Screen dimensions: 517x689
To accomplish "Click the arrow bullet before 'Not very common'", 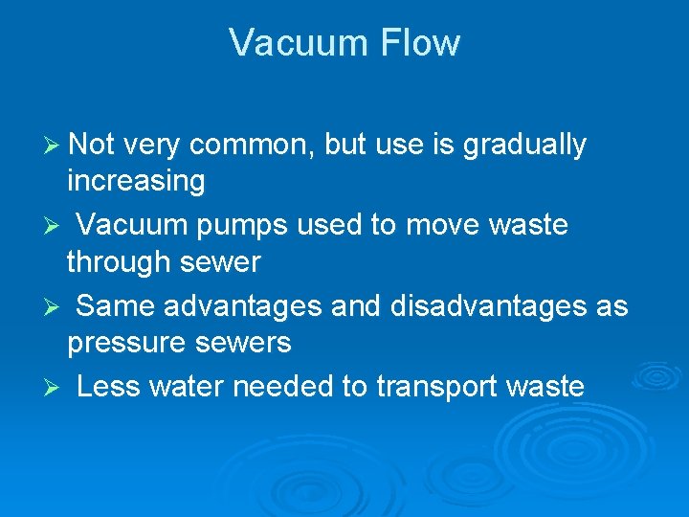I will pyautogui.click(x=53, y=146).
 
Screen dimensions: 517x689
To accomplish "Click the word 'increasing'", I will pyautogui.click(x=136, y=181).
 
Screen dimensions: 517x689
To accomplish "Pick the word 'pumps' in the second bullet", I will pyautogui.click(x=245, y=226).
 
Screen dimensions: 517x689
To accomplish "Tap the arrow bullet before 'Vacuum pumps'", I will pyautogui.click(x=53, y=227).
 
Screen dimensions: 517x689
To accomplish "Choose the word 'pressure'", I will pyautogui.click(x=127, y=343).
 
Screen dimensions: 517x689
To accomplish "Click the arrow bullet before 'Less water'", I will pyautogui.click(x=53, y=388).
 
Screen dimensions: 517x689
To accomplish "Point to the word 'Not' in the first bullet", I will pyautogui.click(x=91, y=145).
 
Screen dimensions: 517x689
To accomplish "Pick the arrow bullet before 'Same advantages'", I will pyautogui.click(x=53, y=307).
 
